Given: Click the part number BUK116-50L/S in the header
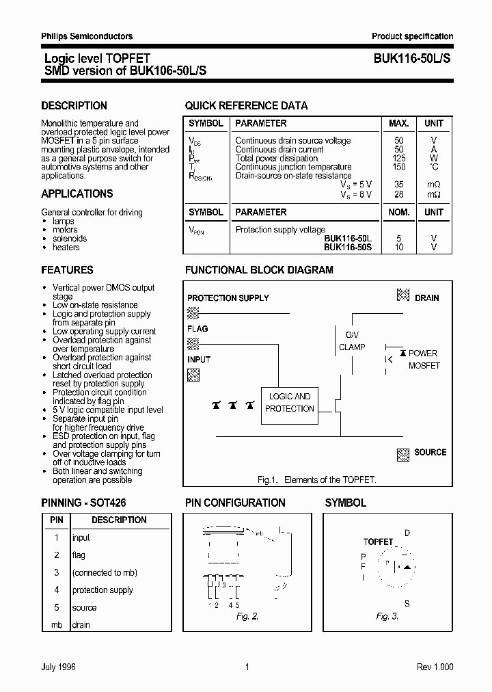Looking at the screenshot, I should (411, 59).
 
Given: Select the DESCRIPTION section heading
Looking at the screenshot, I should (74, 106).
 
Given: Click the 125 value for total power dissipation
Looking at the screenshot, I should (399, 158).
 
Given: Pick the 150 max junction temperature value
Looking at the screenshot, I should (399, 167).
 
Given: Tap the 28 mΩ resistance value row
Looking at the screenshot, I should (399, 194).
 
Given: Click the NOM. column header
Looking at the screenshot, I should (399, 213).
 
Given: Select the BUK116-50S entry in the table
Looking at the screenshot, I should (348, 247).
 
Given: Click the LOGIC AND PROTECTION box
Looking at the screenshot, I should (290, 403).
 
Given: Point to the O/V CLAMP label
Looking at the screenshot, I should (352, 341).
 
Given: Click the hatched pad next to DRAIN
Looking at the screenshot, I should (403, 295).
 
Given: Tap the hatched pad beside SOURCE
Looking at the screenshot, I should (403, 453).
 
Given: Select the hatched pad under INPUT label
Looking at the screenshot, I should (193, 374).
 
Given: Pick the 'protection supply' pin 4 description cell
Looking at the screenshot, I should (102, 590).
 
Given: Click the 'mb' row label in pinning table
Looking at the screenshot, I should (57, 625).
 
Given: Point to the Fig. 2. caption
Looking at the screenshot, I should (247, 616).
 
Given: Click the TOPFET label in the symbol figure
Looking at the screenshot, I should (378, 542).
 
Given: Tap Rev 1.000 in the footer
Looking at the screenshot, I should (435, 667).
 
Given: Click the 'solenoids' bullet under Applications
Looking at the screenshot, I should (70, 239).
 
